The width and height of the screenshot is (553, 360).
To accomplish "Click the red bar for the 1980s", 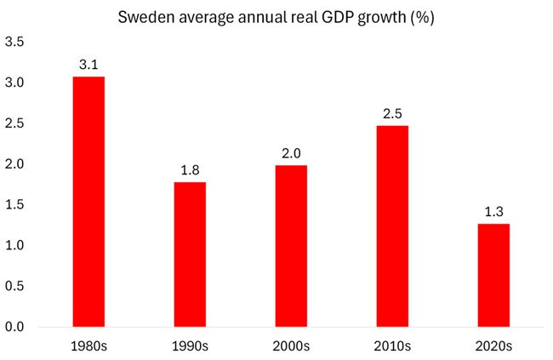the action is [88, 202].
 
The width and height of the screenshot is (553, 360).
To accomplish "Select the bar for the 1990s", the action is [190, 254].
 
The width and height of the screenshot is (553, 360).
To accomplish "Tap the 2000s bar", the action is [291, 246].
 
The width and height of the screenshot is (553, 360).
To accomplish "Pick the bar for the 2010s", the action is [392, 226].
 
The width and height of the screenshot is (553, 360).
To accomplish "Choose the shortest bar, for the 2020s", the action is [493, 275].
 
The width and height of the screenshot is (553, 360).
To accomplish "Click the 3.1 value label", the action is [88, 65].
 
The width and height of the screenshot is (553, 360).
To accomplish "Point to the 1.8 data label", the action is [190, 170].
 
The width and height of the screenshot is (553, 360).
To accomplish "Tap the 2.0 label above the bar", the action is [291, 153].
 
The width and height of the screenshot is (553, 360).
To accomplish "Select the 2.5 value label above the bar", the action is [392, 114].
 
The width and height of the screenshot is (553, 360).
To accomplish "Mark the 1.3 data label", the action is [493, 211].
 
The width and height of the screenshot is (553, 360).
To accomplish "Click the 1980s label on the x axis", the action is [88, 346].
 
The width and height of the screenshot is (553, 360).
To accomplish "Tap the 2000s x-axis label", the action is [291, 346].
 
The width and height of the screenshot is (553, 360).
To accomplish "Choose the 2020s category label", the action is [493, 346].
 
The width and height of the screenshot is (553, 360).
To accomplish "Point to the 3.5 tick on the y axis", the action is [14, 42].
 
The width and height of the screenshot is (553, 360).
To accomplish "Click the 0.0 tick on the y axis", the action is [14, 327].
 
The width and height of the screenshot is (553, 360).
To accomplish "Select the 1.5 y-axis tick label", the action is [14, 205].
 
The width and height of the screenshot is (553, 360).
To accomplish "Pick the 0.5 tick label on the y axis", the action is [14, 286].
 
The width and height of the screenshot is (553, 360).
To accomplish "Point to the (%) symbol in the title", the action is [422, 18].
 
